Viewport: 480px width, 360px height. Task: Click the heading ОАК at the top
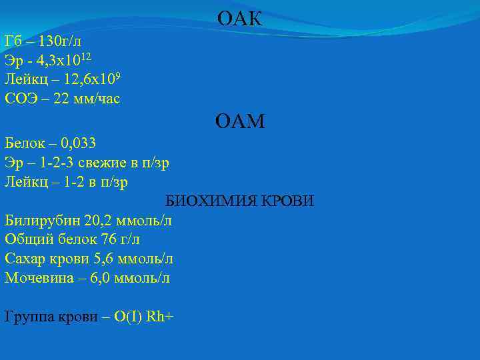(x=240, y=19)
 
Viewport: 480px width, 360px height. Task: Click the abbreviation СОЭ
(x=21, y=99)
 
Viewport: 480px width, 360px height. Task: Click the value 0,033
(x=78, y=143)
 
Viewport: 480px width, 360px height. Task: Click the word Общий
(x=26, y=239)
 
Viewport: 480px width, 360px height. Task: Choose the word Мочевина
(x=33, y=278)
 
